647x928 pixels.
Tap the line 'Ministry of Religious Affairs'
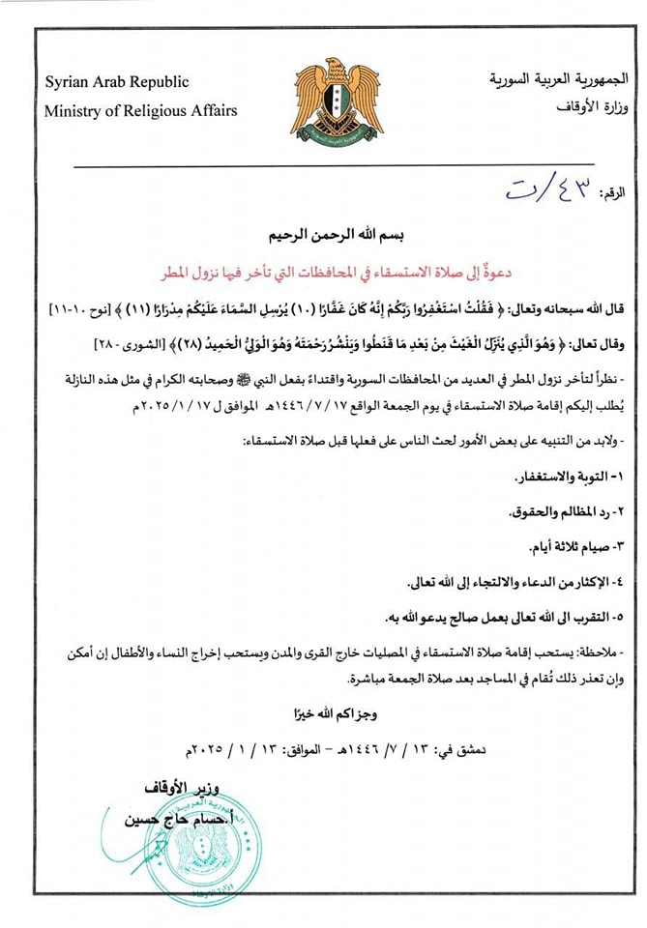[x=140, y=110]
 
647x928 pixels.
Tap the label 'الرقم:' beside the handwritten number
[x=612, y=193]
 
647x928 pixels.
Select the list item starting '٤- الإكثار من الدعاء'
[x=512, y=583]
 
